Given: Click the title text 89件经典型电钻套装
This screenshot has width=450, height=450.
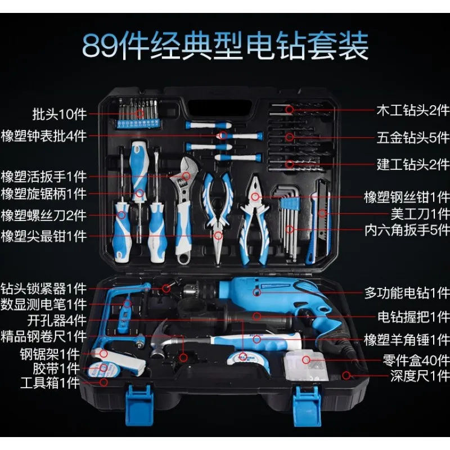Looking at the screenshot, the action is (x=225, y=46).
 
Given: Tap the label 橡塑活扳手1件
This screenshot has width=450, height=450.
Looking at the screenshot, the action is (x=43, y=175).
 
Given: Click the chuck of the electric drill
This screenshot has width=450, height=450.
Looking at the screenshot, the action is (x=195, y=292).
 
